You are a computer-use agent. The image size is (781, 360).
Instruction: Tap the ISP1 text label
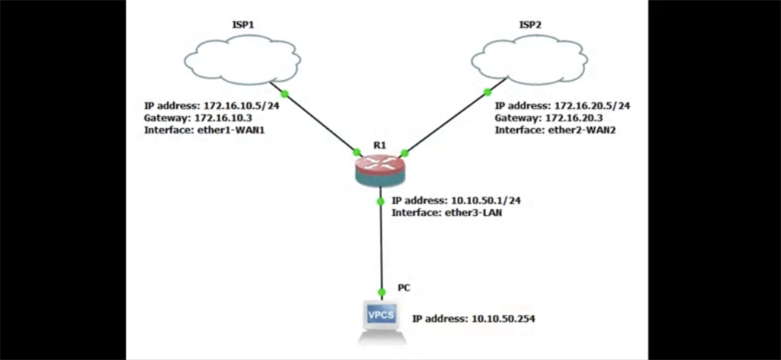243,25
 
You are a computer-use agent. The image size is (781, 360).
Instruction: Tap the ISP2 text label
530,25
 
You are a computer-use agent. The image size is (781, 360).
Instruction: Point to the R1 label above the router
378,144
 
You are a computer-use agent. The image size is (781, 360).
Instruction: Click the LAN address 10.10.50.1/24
488,201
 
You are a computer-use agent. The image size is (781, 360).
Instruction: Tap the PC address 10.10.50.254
500,318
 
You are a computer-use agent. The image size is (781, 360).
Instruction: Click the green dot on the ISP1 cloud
284,94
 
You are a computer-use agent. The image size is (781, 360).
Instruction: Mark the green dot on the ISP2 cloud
487,93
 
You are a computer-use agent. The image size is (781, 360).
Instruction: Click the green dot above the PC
382,291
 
